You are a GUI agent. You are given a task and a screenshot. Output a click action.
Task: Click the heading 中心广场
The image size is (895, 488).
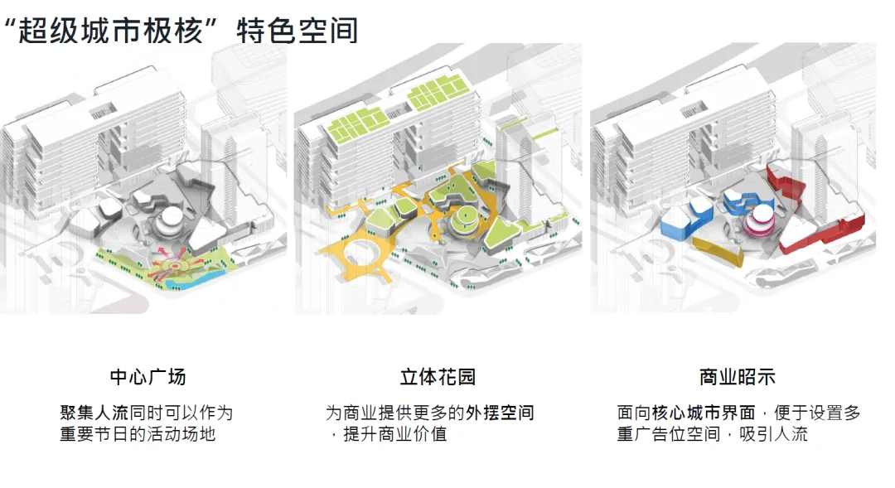(148, 377)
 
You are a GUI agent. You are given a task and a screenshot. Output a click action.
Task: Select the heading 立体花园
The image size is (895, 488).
(438, 377)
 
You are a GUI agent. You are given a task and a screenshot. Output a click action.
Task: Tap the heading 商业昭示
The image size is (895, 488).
(738, 377)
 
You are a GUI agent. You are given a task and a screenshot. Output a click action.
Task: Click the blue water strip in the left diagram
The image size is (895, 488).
(191, 282)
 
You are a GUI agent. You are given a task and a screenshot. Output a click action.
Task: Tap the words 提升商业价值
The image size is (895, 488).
(395, 433)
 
